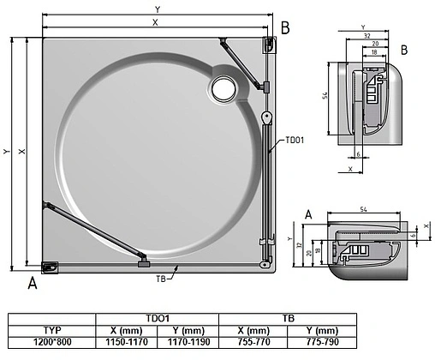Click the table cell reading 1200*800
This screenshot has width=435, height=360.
point(52,341)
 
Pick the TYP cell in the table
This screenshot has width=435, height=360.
point(52,330)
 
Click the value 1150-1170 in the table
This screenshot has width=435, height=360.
point(127,341)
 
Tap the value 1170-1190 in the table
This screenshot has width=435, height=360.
point(188,341)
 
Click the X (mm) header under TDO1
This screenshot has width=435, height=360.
point(127,330)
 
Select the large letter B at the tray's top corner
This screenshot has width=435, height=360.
point(285,28)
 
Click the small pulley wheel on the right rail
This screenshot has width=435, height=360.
point(267,119)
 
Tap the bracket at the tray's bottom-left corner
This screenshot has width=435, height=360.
point(51,267)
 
